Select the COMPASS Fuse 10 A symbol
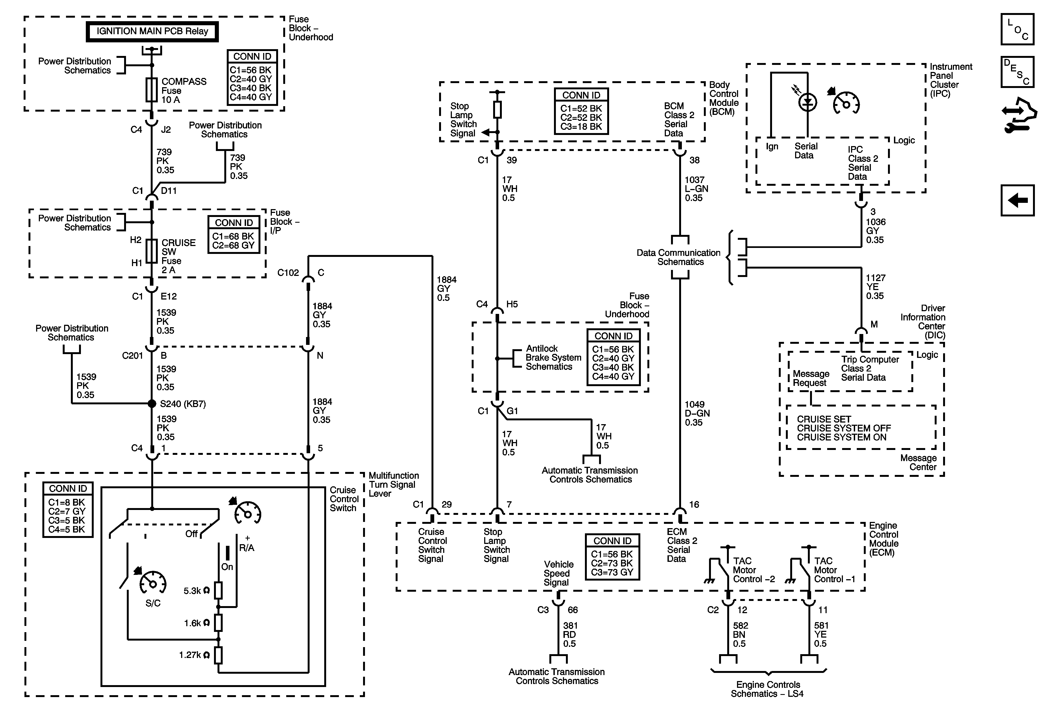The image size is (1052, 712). tap(152, 90)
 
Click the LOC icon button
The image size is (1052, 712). tap(1017, 29)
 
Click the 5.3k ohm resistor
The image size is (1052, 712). tap(218, 591)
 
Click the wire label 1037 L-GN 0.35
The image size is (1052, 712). tap(696, 189)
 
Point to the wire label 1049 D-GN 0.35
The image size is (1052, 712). tap(697, 413)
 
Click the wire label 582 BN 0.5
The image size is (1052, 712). tap(741, 635)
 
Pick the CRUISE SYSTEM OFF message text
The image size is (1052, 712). tap(844, 428)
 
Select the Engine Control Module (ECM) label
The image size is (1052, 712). tap(884, 539)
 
